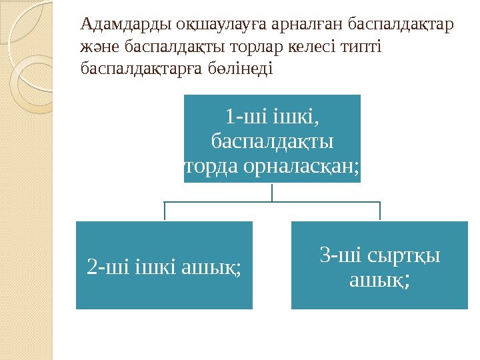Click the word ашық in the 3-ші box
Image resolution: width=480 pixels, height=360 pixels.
[x=379, y=280]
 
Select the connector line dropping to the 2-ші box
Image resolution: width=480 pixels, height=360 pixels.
[x=164, y=212]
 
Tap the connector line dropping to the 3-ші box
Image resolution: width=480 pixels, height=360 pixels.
[x=379, y=212]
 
